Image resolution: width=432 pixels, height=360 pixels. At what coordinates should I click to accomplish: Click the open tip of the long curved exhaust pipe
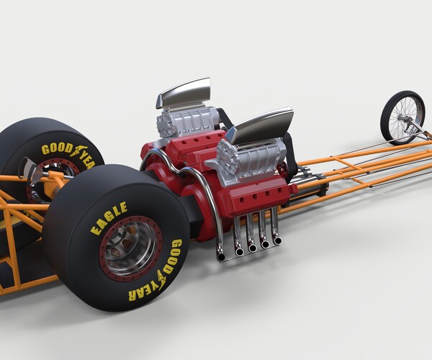click(x=220, y=255)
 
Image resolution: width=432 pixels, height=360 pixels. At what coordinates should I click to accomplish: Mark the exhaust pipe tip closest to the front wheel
click(x=276, y=240)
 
